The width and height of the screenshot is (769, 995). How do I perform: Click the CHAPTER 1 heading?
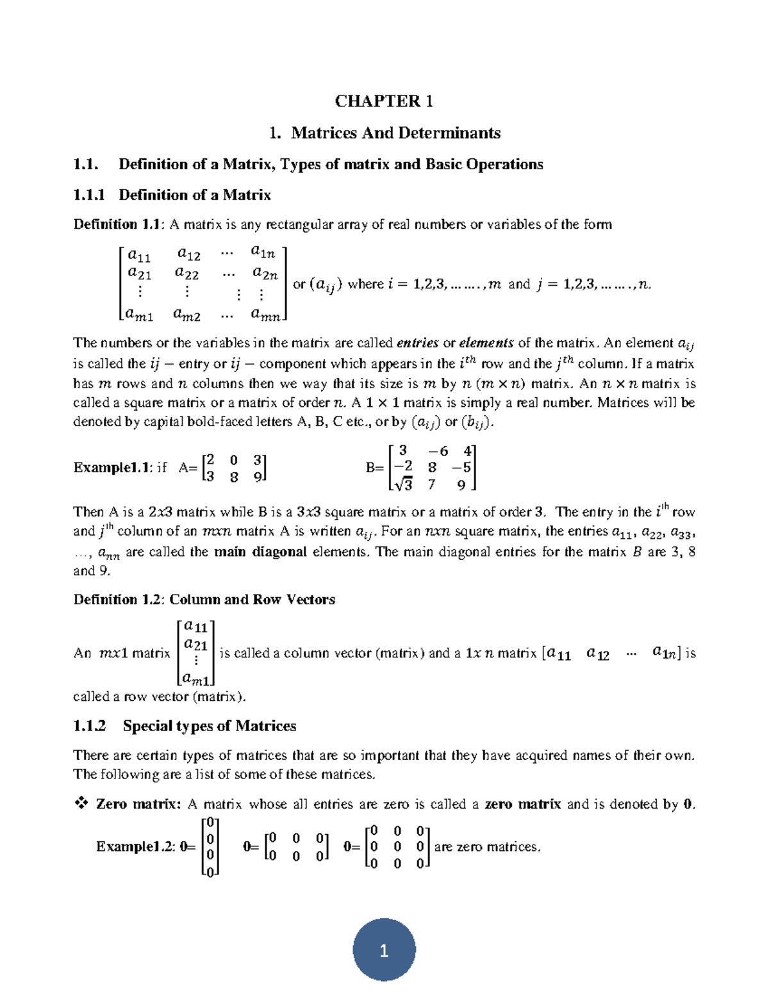[384, 101]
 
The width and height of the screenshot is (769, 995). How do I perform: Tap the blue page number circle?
[384, 951]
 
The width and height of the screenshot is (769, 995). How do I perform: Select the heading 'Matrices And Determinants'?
[395, 133]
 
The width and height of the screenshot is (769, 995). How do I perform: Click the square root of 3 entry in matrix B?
[403, 484]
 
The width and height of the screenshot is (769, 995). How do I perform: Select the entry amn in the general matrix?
[265, 315]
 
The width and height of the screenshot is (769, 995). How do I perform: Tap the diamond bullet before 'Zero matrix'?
[81, 803]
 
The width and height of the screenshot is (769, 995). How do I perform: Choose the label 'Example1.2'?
[135, 847]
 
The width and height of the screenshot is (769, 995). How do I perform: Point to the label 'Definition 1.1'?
[119, 224]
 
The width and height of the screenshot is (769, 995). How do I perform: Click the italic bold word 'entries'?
[417, 343]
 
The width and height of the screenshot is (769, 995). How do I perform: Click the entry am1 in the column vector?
[196, 678]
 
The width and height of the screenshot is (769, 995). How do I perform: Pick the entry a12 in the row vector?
[597, 654]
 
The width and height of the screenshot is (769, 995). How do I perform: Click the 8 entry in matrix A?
[234, 477]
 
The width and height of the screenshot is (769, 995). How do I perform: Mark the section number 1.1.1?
[89, 195]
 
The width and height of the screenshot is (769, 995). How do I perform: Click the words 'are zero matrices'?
[487, 847]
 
